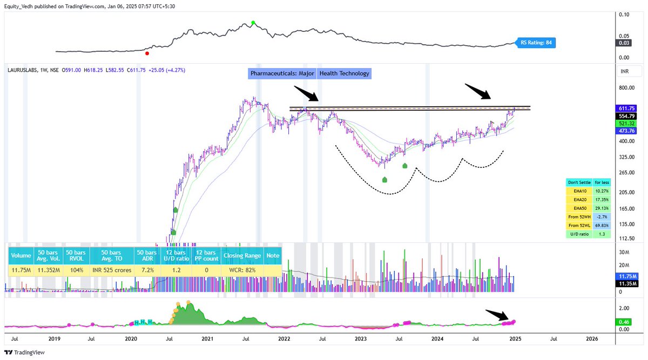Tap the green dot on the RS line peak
point(253,23)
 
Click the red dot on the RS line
point(147,53)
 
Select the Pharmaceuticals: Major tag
point(281,73)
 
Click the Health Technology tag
point(345,73)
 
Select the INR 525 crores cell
point(112,269)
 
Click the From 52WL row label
point(578,225)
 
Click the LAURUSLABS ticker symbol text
point(22,70)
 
